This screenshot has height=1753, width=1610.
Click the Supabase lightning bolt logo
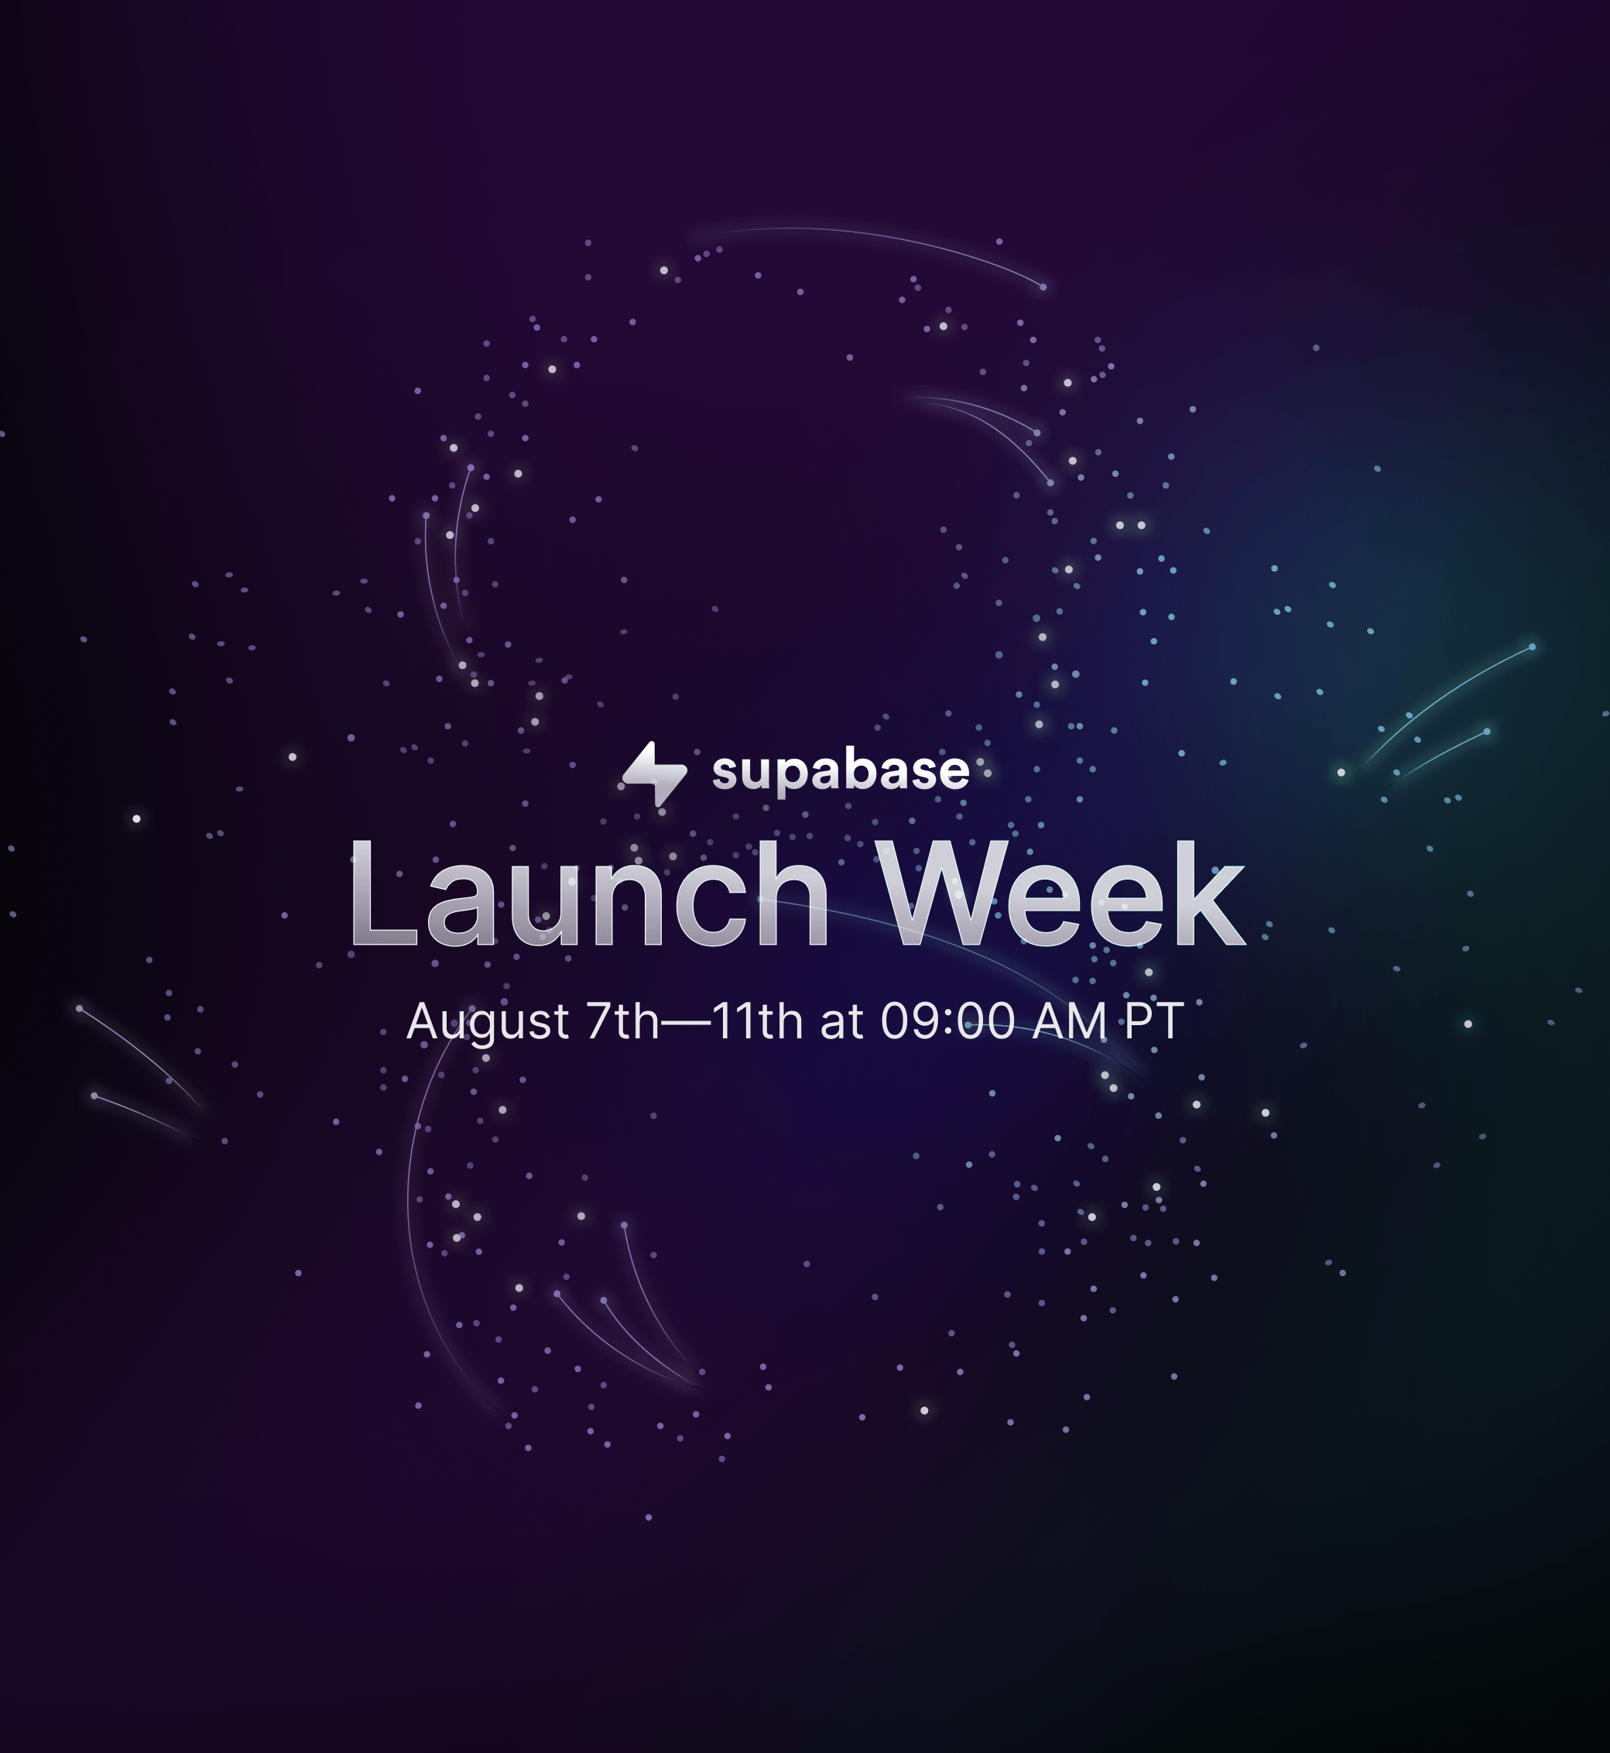(x=655, y=774)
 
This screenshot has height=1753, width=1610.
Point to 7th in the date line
(x=623, y=1021)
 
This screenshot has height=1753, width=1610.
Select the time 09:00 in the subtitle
(x=948, y=1021)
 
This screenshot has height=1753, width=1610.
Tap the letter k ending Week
(x=1211, y=893)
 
